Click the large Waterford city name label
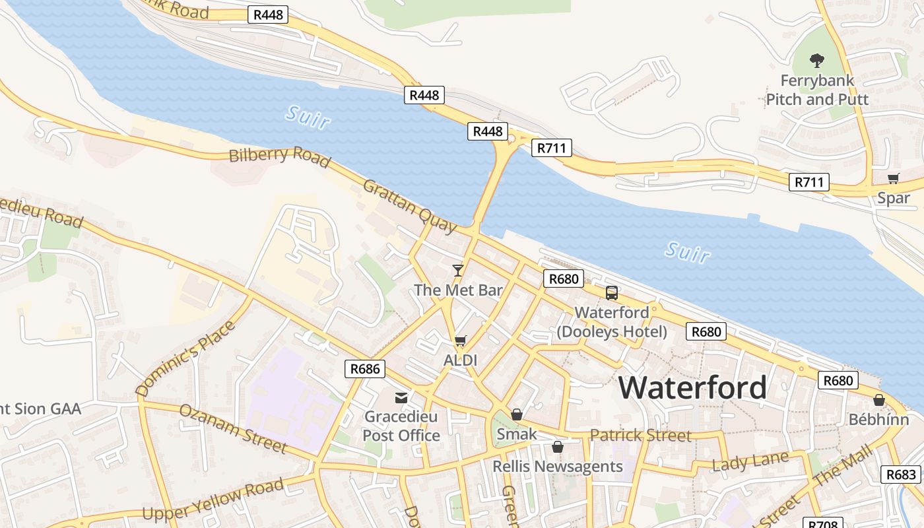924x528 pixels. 692,387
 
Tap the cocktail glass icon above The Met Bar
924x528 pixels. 457,270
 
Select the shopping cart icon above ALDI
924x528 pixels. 460,341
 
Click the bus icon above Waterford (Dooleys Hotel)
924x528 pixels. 612,292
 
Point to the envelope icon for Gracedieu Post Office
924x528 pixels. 401,397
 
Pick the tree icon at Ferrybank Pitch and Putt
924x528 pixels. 817,61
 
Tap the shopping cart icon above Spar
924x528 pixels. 894,178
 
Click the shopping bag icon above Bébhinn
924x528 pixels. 878,400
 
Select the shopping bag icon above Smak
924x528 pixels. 517,414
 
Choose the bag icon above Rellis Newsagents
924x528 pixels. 558,447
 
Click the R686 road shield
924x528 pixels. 365,368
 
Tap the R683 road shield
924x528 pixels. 901,474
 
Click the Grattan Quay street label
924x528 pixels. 409,207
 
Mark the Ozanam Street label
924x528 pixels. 233,429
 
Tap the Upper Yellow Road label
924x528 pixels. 213,500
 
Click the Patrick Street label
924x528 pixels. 640,436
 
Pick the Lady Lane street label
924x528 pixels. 750,461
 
